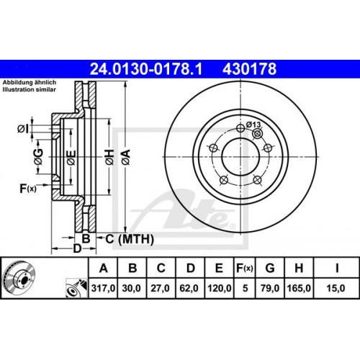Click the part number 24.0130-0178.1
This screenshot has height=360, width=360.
[148, 70]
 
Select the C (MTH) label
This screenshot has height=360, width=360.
[127, 238]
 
